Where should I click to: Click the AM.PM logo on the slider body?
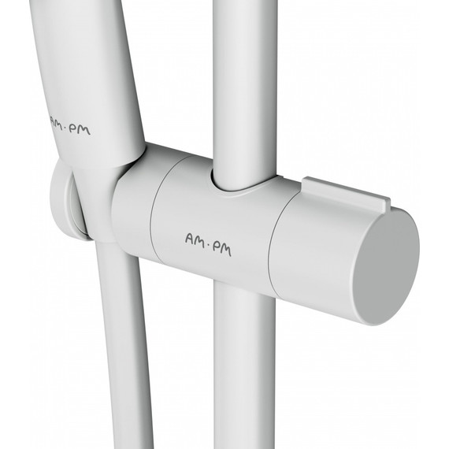[208, 245]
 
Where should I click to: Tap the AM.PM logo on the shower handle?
[70, 125]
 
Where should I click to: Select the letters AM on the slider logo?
[195, 240]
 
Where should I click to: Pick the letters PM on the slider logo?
[221, 249]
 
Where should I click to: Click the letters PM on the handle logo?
[81, 129]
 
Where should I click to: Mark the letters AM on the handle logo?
[57, 121]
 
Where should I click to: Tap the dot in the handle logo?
[68, 128]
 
